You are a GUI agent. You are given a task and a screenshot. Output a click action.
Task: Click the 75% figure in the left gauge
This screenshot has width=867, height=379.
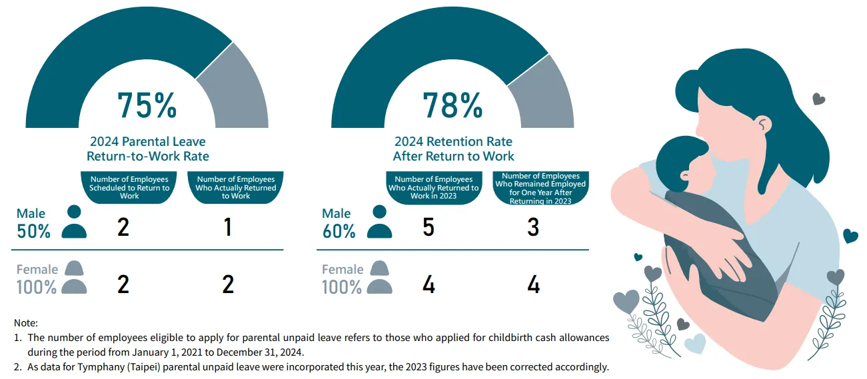147,105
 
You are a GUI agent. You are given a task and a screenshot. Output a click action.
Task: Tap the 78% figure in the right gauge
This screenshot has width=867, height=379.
453,105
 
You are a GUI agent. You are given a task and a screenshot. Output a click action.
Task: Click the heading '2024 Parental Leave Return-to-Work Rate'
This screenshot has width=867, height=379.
148,149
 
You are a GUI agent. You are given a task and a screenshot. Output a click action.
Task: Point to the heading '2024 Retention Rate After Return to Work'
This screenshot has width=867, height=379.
453,149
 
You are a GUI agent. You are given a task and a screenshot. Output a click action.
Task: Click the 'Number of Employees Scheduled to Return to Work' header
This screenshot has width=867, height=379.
129,187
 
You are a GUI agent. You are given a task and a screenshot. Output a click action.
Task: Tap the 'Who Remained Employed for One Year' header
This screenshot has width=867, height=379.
540,188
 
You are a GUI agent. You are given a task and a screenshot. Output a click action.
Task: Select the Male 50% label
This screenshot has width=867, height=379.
33,223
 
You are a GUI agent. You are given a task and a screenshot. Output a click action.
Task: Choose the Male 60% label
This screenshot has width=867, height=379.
339,223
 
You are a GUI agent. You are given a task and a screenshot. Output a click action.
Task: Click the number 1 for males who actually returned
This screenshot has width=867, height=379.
228,228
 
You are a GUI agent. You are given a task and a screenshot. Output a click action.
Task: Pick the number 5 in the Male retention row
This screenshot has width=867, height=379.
429,228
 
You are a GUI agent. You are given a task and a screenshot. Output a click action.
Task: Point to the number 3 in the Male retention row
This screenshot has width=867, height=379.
533,228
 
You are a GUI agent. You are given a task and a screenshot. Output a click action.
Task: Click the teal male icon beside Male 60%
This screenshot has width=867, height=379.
380,222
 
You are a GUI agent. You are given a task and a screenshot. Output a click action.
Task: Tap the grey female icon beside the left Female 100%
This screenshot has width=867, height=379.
74,278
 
